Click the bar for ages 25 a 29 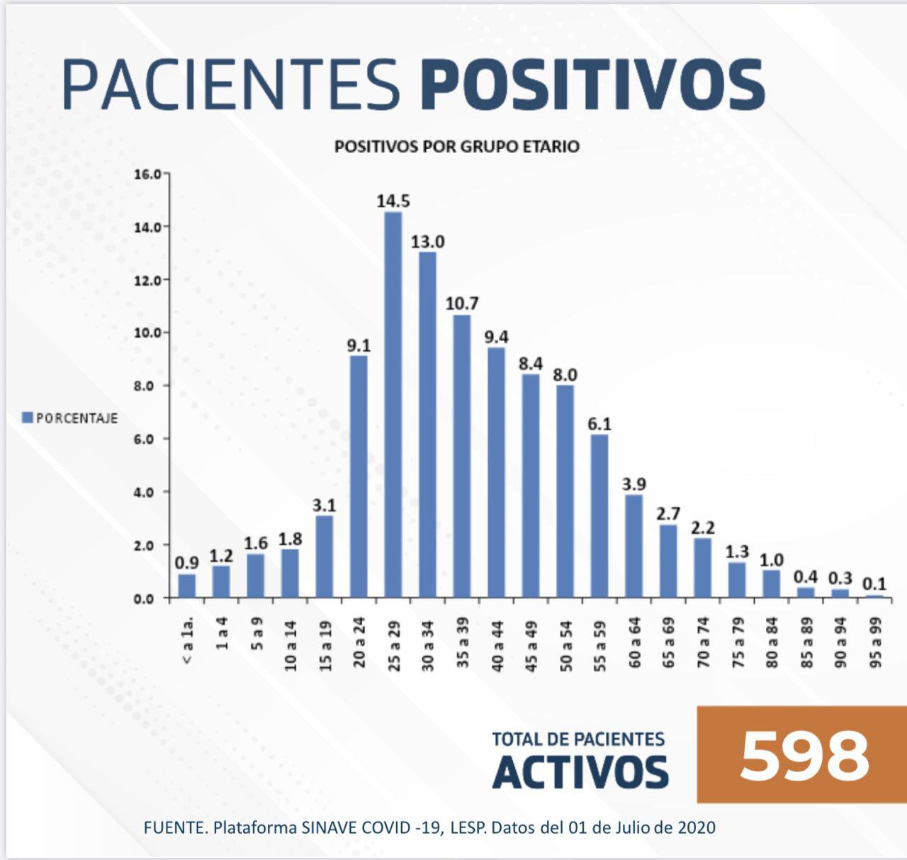[393, 404]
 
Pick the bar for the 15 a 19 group [325, 557]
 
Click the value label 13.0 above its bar [428, 242]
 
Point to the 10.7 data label [462, 303]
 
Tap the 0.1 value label [874, 584]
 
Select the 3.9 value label [633, 484]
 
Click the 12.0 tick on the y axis [149, 280]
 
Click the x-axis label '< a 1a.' [188, 642]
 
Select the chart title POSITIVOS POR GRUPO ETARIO [456, 147]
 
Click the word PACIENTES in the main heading [232, 85]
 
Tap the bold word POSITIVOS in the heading [592, 85]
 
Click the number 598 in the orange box [804, 755]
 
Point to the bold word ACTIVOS [580, 772]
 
